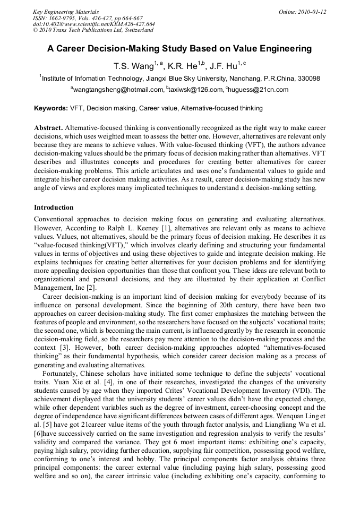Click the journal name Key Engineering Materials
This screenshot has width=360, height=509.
66,12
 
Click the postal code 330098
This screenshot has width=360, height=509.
306,79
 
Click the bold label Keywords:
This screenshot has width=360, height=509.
51,108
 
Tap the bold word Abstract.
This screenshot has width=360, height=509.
48,128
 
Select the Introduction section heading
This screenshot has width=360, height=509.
54,207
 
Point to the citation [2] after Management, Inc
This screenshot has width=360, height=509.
88,287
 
